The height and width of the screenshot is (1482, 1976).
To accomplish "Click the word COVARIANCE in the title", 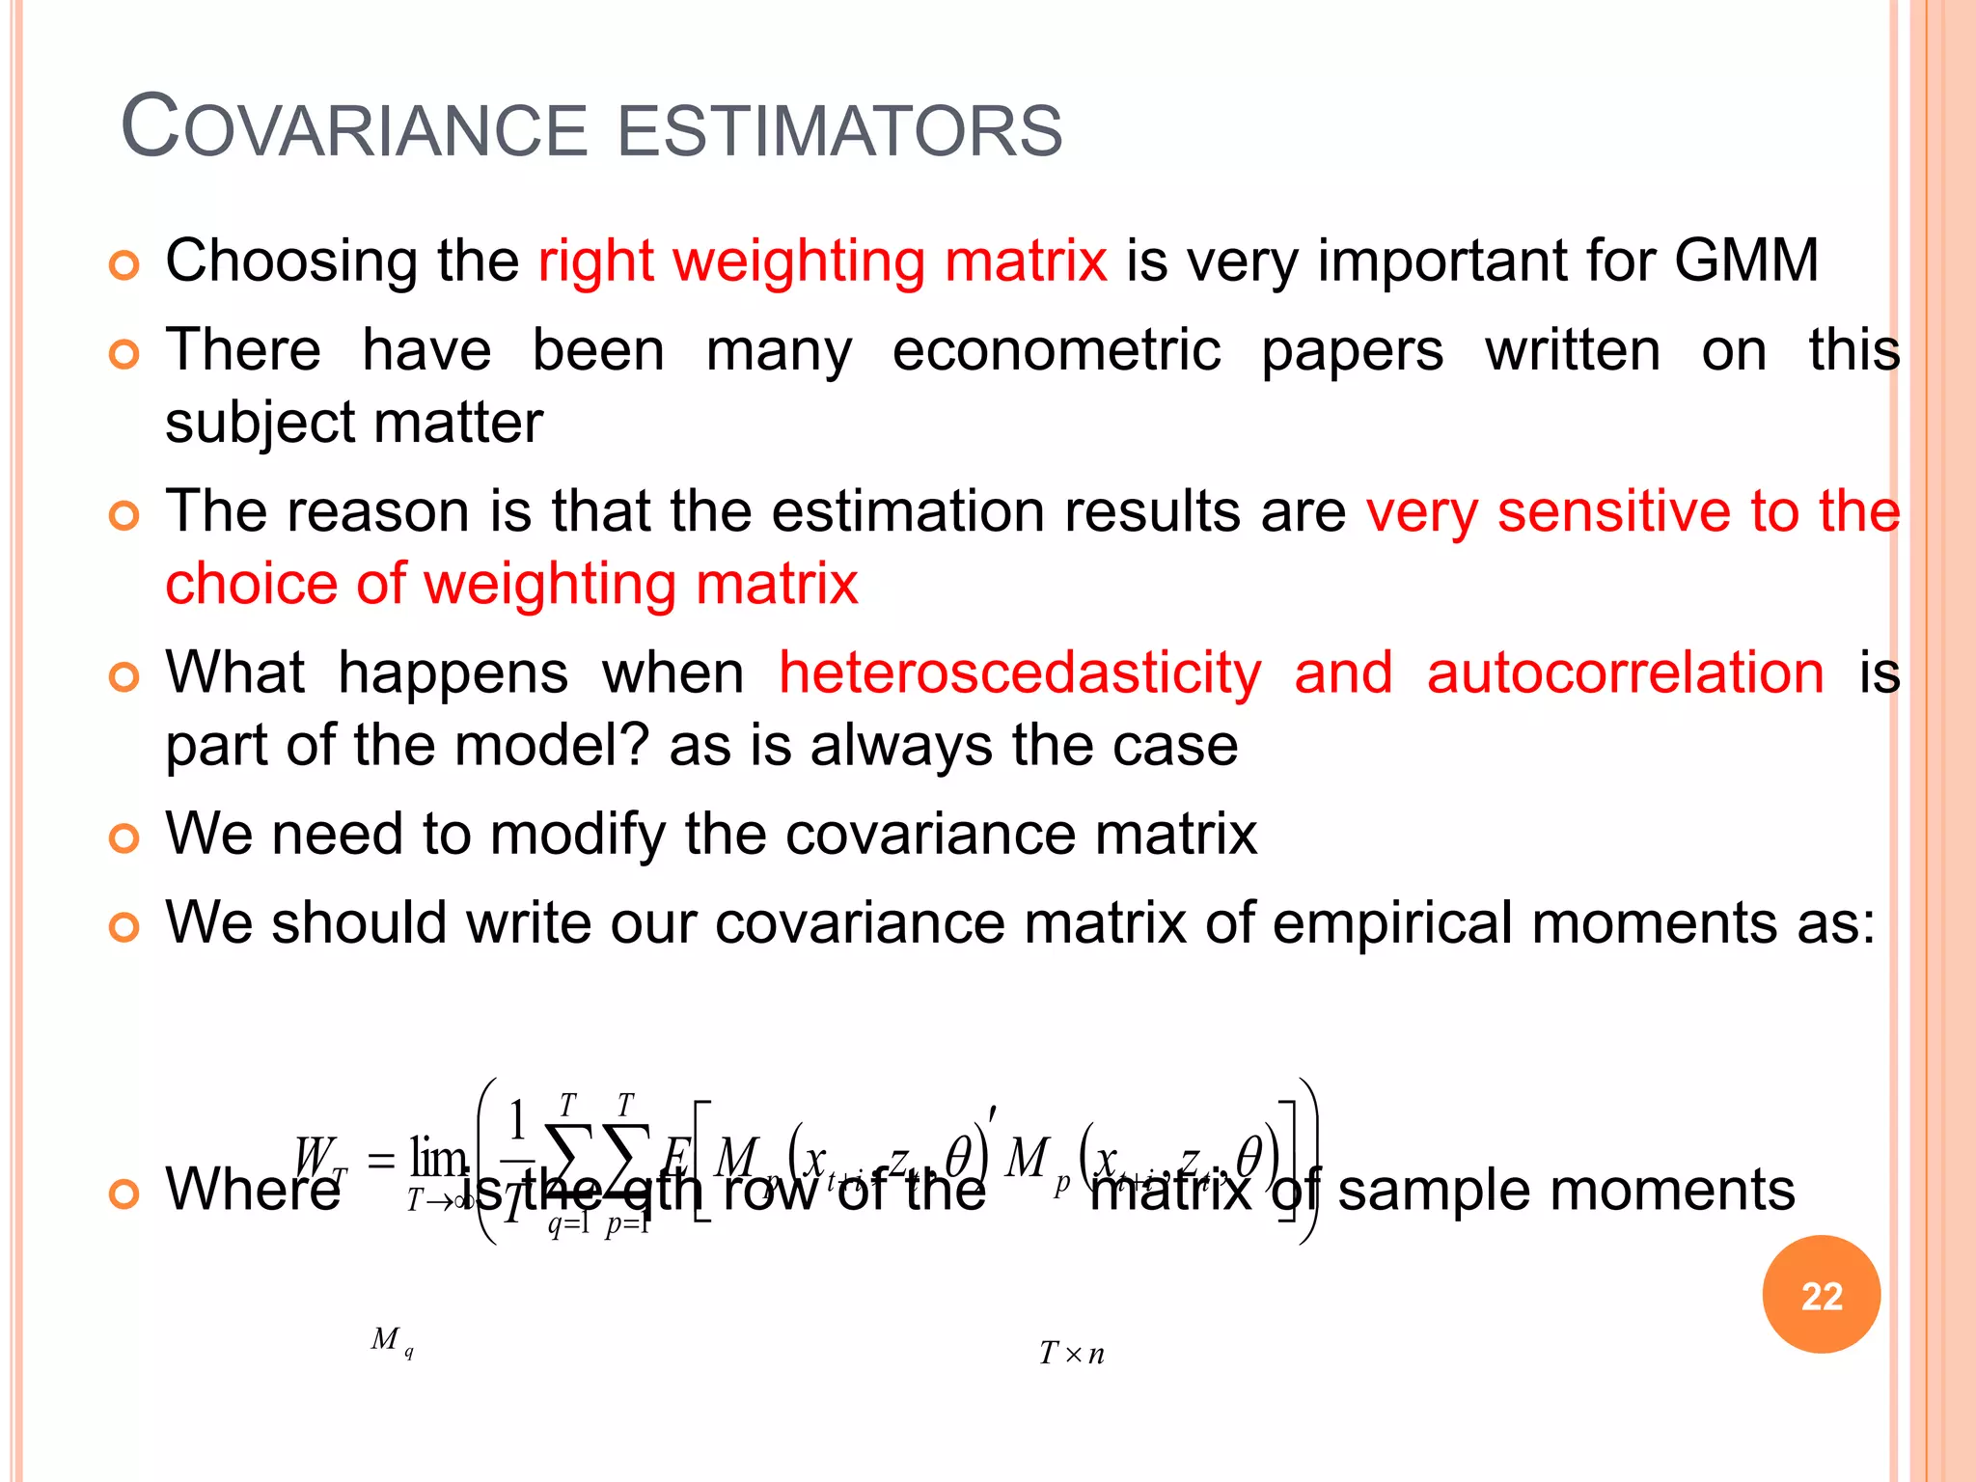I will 353,128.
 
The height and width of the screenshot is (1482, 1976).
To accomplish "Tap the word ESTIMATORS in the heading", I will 838,130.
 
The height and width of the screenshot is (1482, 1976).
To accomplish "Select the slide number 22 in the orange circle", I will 1821,1295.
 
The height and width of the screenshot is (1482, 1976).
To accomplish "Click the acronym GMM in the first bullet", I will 1745,261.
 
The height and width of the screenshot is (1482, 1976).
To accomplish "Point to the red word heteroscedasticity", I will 1020,672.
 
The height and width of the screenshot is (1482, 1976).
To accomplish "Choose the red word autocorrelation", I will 1625,672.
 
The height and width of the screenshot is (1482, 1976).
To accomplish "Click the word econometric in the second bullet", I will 1057,350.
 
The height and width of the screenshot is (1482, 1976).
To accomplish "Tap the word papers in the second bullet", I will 1353,350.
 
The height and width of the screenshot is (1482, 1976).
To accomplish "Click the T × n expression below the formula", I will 1071,1354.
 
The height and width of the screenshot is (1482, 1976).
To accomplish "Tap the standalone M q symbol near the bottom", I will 392,1340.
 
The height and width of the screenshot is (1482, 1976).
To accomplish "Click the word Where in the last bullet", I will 253,1189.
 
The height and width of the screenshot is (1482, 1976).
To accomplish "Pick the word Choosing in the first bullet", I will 290,262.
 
